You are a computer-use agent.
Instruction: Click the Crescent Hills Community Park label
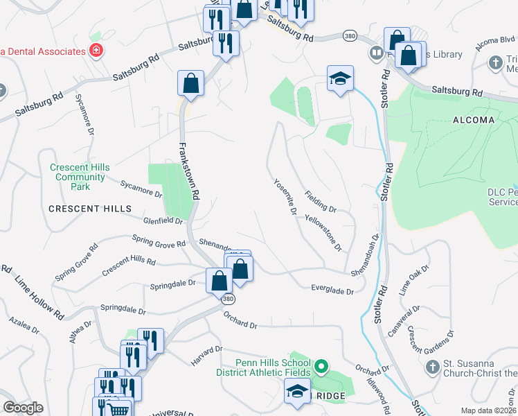(80, 177)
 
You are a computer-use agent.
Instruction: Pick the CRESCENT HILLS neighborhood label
(89, 209)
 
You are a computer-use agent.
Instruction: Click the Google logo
(24, 407)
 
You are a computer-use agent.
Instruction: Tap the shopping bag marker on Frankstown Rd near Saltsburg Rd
(190, 85)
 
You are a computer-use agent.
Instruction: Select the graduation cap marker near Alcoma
(340, 79)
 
